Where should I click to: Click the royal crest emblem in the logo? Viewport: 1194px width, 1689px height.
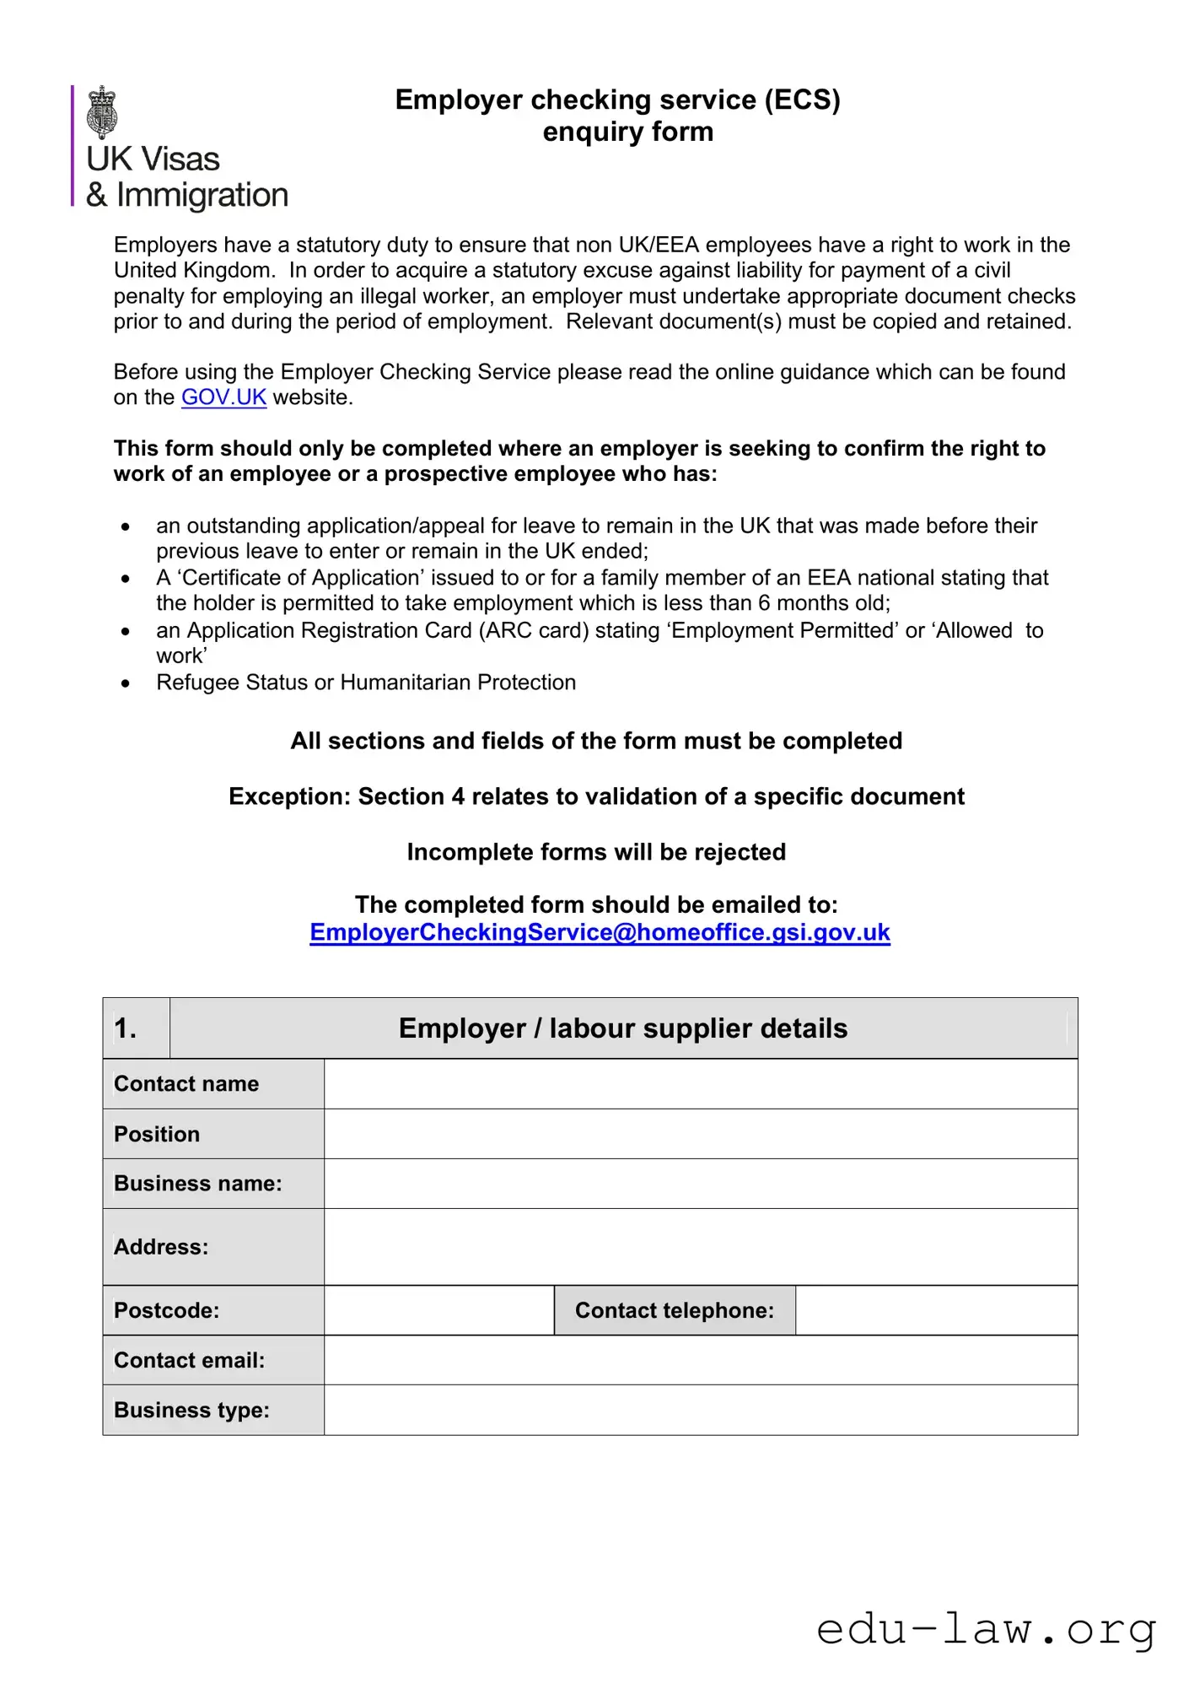coord(102,111)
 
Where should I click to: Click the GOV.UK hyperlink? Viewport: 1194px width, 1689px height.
coord(223,397)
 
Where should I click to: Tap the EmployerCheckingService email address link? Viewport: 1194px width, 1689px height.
coord(600,932)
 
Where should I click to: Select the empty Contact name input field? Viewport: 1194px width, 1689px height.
coord(700,1084)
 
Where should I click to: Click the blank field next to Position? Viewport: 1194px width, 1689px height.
coord(700,1134)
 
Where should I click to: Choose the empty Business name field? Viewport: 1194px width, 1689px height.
coord(700,1184)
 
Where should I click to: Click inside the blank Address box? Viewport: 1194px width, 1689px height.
coord(700,1247)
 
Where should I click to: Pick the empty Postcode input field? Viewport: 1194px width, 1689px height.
coord(438,1310)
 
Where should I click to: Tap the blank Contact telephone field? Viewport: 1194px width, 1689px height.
coord(936,1310)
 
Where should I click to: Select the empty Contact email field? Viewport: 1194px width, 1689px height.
coord(700,1360)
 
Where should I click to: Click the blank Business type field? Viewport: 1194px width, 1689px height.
coord(700,1410)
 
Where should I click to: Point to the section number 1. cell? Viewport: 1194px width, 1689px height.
coord(136,1028)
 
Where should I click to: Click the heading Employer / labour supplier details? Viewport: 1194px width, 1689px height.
coord(622,1028)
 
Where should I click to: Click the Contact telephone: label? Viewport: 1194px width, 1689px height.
coord(674,1310)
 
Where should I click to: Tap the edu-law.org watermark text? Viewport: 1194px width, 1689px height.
coord(986,1629)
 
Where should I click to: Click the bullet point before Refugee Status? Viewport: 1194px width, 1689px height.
coord(126,683)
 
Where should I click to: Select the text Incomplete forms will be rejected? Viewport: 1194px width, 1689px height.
coord(596,852)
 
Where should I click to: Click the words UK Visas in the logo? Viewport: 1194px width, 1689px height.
coord(153,159)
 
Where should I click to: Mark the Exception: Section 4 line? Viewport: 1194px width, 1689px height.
coord(596,796)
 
